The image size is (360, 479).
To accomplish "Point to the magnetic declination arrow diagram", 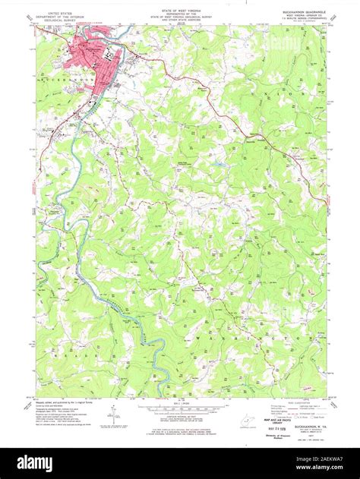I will [112, 415].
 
